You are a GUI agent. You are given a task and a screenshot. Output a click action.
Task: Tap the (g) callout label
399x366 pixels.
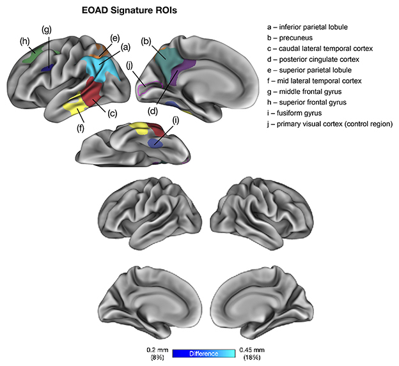click(46, 29)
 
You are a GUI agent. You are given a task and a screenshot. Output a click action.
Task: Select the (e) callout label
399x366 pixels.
click(115, 37)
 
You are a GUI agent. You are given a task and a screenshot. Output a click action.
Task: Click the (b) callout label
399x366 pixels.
click(146, 42)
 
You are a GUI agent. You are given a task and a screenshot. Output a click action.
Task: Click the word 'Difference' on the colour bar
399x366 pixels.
click(205, 353)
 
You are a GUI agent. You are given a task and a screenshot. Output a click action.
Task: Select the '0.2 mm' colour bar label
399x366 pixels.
click(156, 350)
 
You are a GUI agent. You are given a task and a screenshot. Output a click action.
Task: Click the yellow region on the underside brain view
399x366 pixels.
click(137, 128)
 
